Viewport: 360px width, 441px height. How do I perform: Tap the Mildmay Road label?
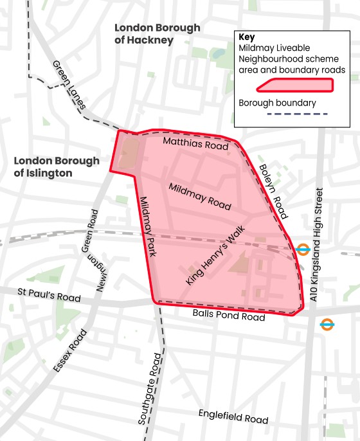(x=199, y=195)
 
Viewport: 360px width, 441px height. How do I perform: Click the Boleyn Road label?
(x=272, y=192)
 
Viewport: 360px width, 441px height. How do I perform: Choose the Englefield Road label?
(x=233, y=416)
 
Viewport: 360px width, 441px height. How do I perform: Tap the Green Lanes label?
(x=69, y=86)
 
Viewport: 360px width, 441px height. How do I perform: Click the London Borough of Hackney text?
(x=157, y=34)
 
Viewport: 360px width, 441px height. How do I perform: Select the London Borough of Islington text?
(x=57, y=166)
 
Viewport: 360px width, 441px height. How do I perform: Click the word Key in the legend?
(x=247, y=37)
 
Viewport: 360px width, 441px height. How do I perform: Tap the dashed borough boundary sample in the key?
(x=283, y=114)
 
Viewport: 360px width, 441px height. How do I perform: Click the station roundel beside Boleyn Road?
(x=303, y=248)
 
